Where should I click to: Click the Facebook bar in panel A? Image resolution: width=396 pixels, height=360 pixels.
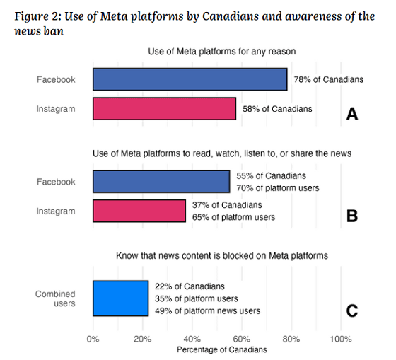[x=190, y=79]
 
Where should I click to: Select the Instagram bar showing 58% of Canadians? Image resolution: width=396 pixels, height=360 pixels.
[x=164, y=109]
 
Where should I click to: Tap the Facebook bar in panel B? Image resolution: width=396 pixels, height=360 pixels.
[x=161, y=182]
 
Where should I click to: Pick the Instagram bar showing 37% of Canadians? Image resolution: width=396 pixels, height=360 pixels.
[x=139, y=211]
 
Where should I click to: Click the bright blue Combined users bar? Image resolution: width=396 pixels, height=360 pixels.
[x=120, y=298]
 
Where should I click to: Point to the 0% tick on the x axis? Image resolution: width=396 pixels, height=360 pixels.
[x=93, y=339]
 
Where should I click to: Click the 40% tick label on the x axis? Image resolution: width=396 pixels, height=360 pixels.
[x=192, y=339]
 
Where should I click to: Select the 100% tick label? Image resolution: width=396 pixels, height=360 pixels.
[x=341, y=339]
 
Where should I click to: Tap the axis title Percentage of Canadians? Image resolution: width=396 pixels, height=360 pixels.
[x=222, y=349]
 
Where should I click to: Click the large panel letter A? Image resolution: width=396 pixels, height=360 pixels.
[x=352, y=114]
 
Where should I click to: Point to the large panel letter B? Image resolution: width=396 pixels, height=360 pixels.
[x=352, y=216]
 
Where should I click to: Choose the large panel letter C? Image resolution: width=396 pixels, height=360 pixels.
[x=352, y=310]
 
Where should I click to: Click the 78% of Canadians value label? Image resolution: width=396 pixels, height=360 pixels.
[x=329, y=80]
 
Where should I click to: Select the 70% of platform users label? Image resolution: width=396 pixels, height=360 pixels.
[x=278, y=188]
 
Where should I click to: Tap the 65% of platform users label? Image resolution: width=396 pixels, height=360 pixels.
[x=233, y=217]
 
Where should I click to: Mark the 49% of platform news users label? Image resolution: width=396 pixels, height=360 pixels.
[x=208, y=311]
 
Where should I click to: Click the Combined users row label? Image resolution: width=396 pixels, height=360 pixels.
[x=55, y=298]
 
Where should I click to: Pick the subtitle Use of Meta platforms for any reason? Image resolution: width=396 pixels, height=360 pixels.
[x=222, y=52]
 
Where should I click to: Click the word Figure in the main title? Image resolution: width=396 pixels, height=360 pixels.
[x=29, y=17]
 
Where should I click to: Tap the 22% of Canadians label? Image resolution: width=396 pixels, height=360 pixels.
[x=190, y=286]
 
